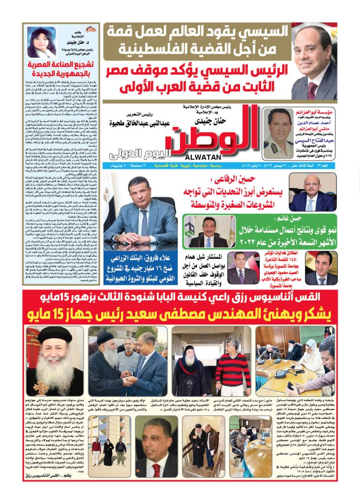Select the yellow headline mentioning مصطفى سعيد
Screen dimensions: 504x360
180,313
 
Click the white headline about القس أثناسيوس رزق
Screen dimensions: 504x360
180,296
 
